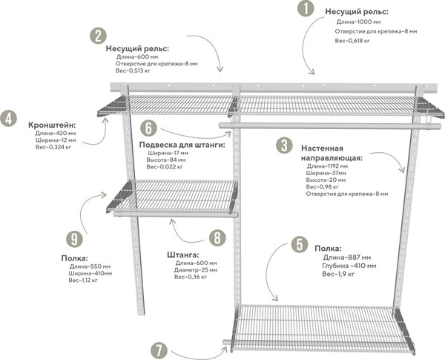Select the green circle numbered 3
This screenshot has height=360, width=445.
[284, 145]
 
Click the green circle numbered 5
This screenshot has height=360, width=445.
[298, 244]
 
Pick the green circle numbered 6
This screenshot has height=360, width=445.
[148, 128]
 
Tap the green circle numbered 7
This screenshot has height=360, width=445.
[159, 350]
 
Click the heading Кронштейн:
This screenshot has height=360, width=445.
[51, 124]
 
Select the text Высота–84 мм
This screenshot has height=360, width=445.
[167, 160]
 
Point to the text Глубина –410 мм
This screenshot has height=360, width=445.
[349, 265]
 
